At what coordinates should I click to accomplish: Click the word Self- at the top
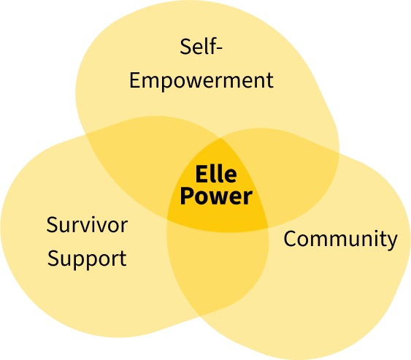pyautogui.click(x=201, y=47)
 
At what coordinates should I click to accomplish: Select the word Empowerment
pyautogui.click(x=201, y=81)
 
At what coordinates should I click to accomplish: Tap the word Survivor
pyautogui.click(x=87, y=225)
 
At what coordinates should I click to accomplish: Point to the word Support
pyautogui.click(x=87, y=259)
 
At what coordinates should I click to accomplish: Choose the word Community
pyautogui.click(x=340, y=239)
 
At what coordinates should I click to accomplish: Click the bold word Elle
pyautogui.click(x=216, y=174)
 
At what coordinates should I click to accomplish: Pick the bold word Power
pyautogui.click(x=216, y=196)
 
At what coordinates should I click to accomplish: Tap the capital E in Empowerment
pyautogui.click(x=136, y=80)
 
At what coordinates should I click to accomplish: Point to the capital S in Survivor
pyautogui.click(x=53, y=225)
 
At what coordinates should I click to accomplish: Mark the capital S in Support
pyautogui.click(x=54, y=258)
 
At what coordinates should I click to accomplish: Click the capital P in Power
pyautogui.click(x=187, y=196)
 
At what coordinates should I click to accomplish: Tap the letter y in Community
pyautogui.click(x=392, y=242)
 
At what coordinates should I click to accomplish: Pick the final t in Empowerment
pyautogui.click(x=269, y=81)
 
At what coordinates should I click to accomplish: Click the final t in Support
pyautogui.click(x=123, y=259)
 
